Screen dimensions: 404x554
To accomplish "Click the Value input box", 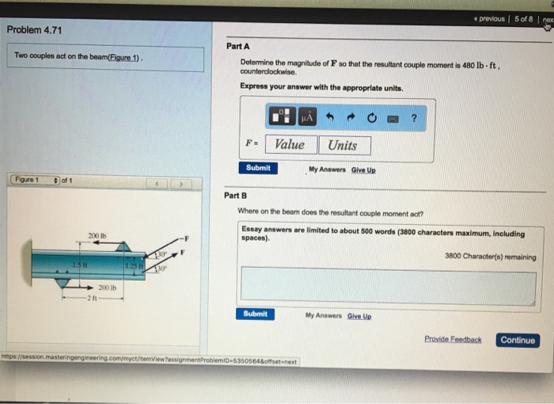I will [290, 145].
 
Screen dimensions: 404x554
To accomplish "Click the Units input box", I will [343, 145].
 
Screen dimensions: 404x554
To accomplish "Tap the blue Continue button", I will [518, 340].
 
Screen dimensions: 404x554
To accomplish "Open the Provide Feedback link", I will [453, 340].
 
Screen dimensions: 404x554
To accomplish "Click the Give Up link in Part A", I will [364, 170].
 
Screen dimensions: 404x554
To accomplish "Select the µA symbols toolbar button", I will [306, 117].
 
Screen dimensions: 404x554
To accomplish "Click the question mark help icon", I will [414, 117].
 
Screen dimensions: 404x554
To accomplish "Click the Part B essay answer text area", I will [388, 286].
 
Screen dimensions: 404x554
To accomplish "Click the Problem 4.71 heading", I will [34, 30].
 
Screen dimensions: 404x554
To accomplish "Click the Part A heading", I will [237, 47].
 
